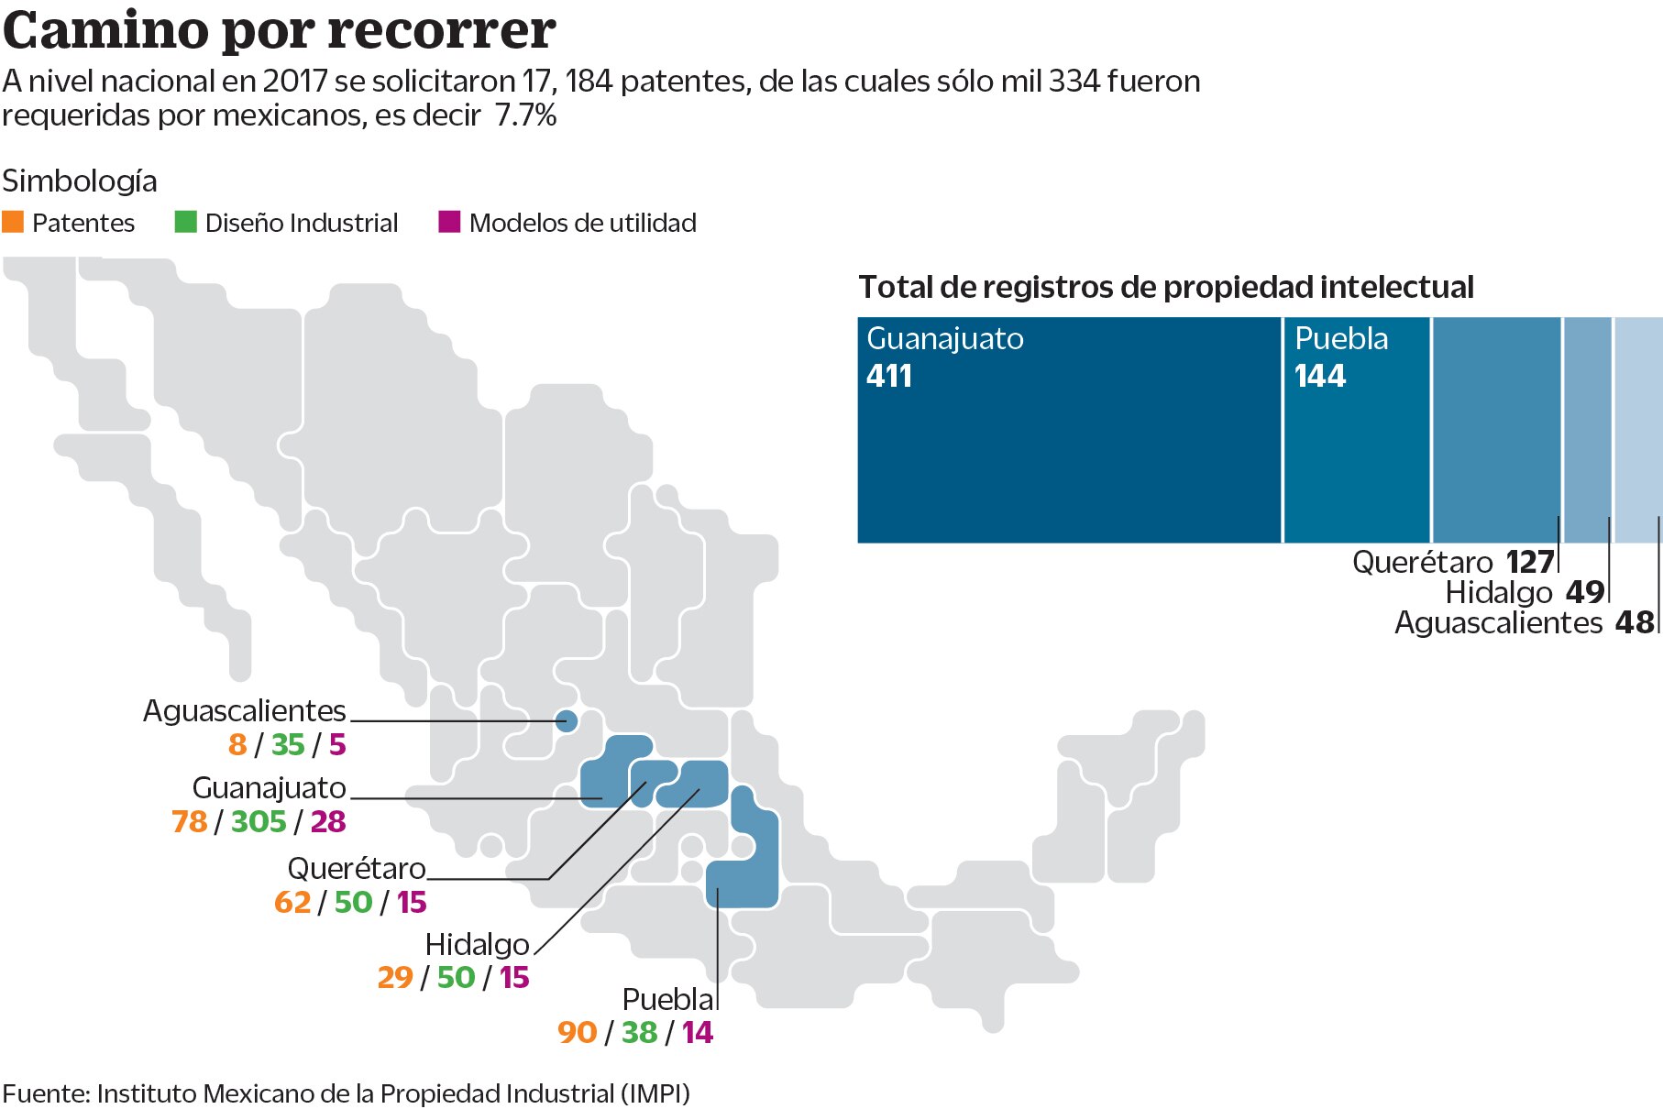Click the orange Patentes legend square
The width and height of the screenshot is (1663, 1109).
(x=13, y=222)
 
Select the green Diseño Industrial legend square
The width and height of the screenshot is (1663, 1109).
(x=185, y=222)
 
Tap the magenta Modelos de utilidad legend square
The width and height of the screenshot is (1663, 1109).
(x=449, y=222)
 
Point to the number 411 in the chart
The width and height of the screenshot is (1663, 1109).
(x=888, y=376)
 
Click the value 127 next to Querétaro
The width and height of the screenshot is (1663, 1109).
(x=1529, y=561)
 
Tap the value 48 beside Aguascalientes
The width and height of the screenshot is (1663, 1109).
(x=1634, y=622)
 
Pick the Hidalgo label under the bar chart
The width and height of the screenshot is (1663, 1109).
(x=1498, y=592)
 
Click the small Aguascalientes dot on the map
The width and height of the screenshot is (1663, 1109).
(x=567, y=721)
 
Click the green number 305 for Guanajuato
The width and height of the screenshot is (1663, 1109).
(x=259, y=821)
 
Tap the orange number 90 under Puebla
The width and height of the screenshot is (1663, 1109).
(x=577, y=1032)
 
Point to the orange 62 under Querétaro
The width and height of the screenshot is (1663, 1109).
(x=292, y=902)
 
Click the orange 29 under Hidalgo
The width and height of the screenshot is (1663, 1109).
(x=395, y=977)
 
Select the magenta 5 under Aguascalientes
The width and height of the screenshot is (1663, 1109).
(x=337, y=744)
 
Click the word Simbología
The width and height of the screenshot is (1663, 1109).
(x=80, y=181)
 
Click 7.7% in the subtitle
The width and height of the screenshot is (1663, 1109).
(x=525, y=115)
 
